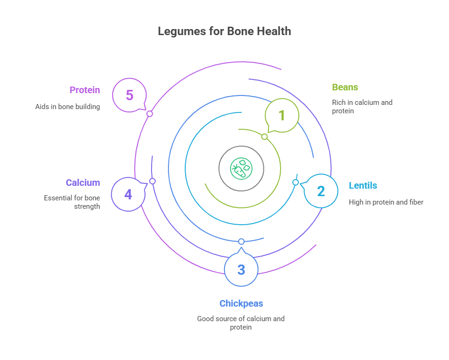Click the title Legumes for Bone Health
(x=224, y=31)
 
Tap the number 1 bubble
(x=282, y=115)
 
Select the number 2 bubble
(x=321, y=191)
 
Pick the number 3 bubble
(x=241, y=270)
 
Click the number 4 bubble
(x=128, y=194)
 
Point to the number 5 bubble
(x=130, y=96)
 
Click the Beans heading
(x=345, y=87)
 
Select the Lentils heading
(x=363, y=185)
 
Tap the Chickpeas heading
(x=241, y=303)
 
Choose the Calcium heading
(x=83, y=183)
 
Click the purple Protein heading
(x=85, y=90)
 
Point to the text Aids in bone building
(x=67, y=107)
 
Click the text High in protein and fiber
(x=385, y=202)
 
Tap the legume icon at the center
(x=241, y=168)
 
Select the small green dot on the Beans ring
(x=264, y=137)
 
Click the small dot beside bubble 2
(x=296, y=183)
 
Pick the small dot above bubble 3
(x=241, y=242)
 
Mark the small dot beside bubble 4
(x=152, y=181)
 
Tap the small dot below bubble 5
(x=150, y=114)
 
